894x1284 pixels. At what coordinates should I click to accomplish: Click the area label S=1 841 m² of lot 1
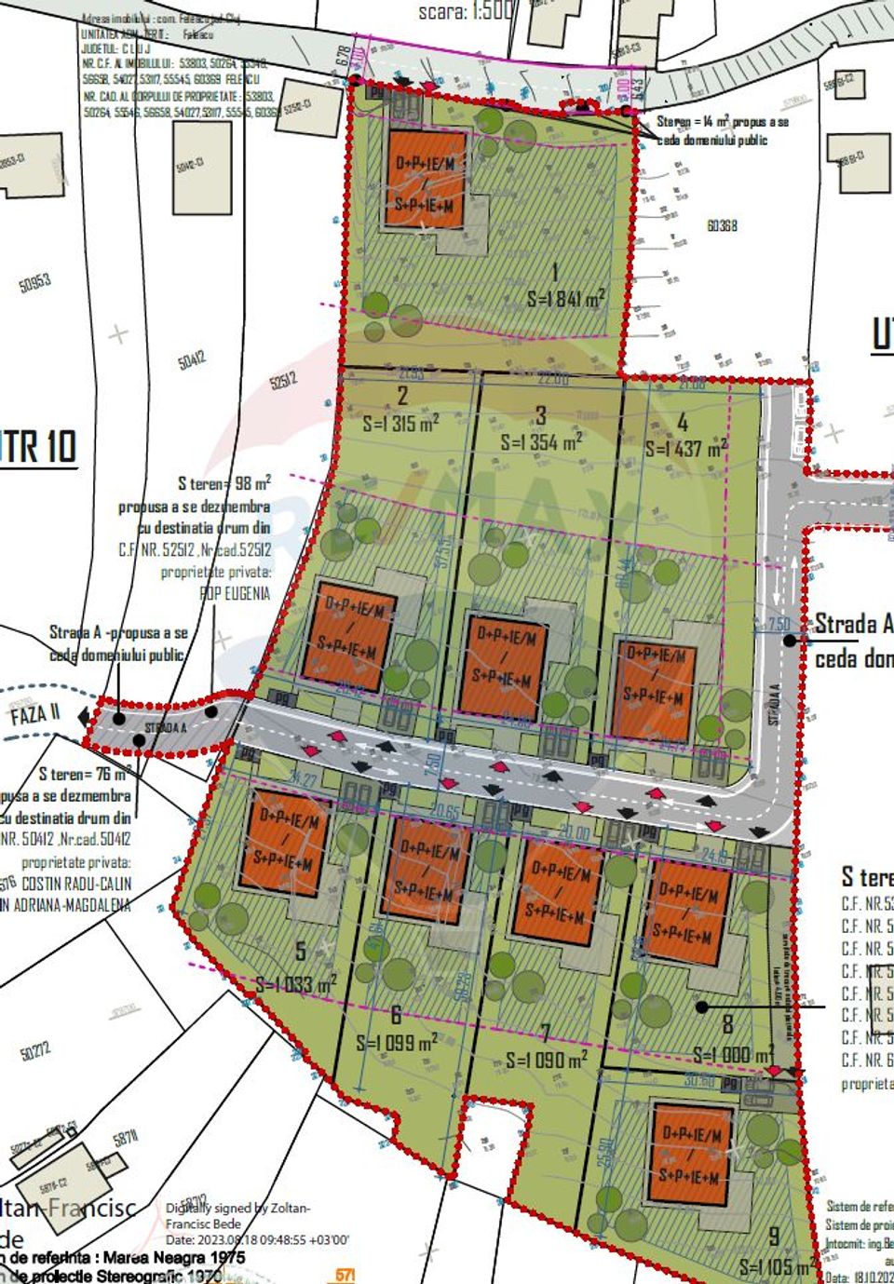(565, 298)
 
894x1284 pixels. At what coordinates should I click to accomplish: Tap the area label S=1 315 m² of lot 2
(400, 423)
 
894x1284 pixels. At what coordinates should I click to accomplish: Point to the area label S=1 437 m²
(686, 448)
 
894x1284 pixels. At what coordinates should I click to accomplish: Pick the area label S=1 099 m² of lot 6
(397, 1043)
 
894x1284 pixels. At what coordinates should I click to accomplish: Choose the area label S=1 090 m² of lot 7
(547, 1060)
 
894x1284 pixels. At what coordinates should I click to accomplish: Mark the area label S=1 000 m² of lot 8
(733, 1055)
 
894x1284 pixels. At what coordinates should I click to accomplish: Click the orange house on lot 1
(426, 179)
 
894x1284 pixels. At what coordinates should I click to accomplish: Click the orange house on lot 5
(285, 840)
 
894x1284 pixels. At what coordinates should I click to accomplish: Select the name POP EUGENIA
(235, 593)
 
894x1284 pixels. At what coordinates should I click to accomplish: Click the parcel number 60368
(722, 225)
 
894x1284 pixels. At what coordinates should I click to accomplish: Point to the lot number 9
(774, 1237)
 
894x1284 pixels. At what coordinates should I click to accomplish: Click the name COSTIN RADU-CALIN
(76, 884)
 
